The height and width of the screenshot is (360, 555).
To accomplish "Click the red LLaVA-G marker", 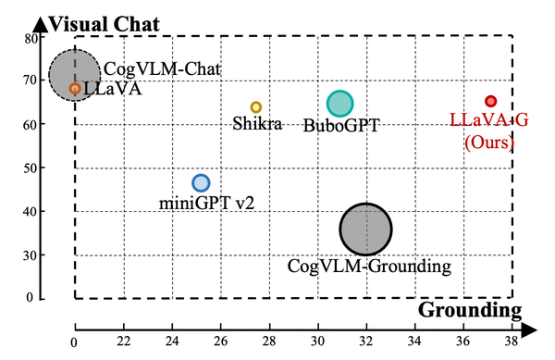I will pos(491,101).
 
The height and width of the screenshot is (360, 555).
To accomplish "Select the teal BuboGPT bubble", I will pos(340,104).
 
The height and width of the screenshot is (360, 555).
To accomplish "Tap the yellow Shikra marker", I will pos(256,107).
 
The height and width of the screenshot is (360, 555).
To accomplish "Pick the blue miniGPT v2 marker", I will pos(201,183).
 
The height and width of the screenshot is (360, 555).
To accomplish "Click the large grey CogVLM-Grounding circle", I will pos(366,229).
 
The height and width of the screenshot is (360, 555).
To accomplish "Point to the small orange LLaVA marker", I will pos(75,89).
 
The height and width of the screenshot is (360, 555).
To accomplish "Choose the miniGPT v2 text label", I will pos(201,203).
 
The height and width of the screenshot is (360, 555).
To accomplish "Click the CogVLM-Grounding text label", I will pos(368,267).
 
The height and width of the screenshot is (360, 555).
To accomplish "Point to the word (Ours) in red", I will pos(487,141).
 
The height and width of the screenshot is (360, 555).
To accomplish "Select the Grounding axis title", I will pos(470,309).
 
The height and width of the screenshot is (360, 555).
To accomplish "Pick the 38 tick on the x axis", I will pos(511,341).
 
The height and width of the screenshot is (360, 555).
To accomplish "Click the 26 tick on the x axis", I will pos(219,341).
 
